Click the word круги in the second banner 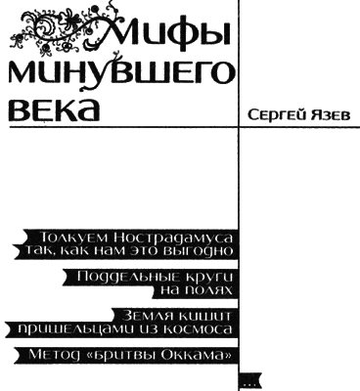(x=202, y=278)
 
